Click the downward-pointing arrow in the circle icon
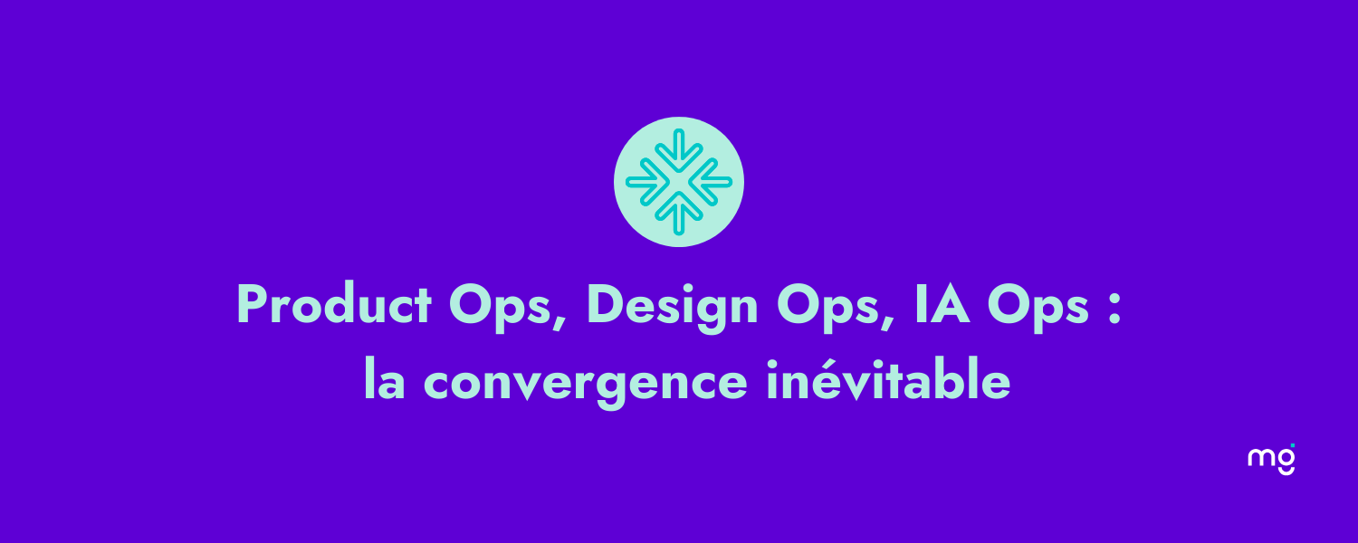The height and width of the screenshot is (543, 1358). tap(679, 150)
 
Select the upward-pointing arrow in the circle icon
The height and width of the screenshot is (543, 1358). tap(679, 214)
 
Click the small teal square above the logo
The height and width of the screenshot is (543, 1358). tap(1293, 446)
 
